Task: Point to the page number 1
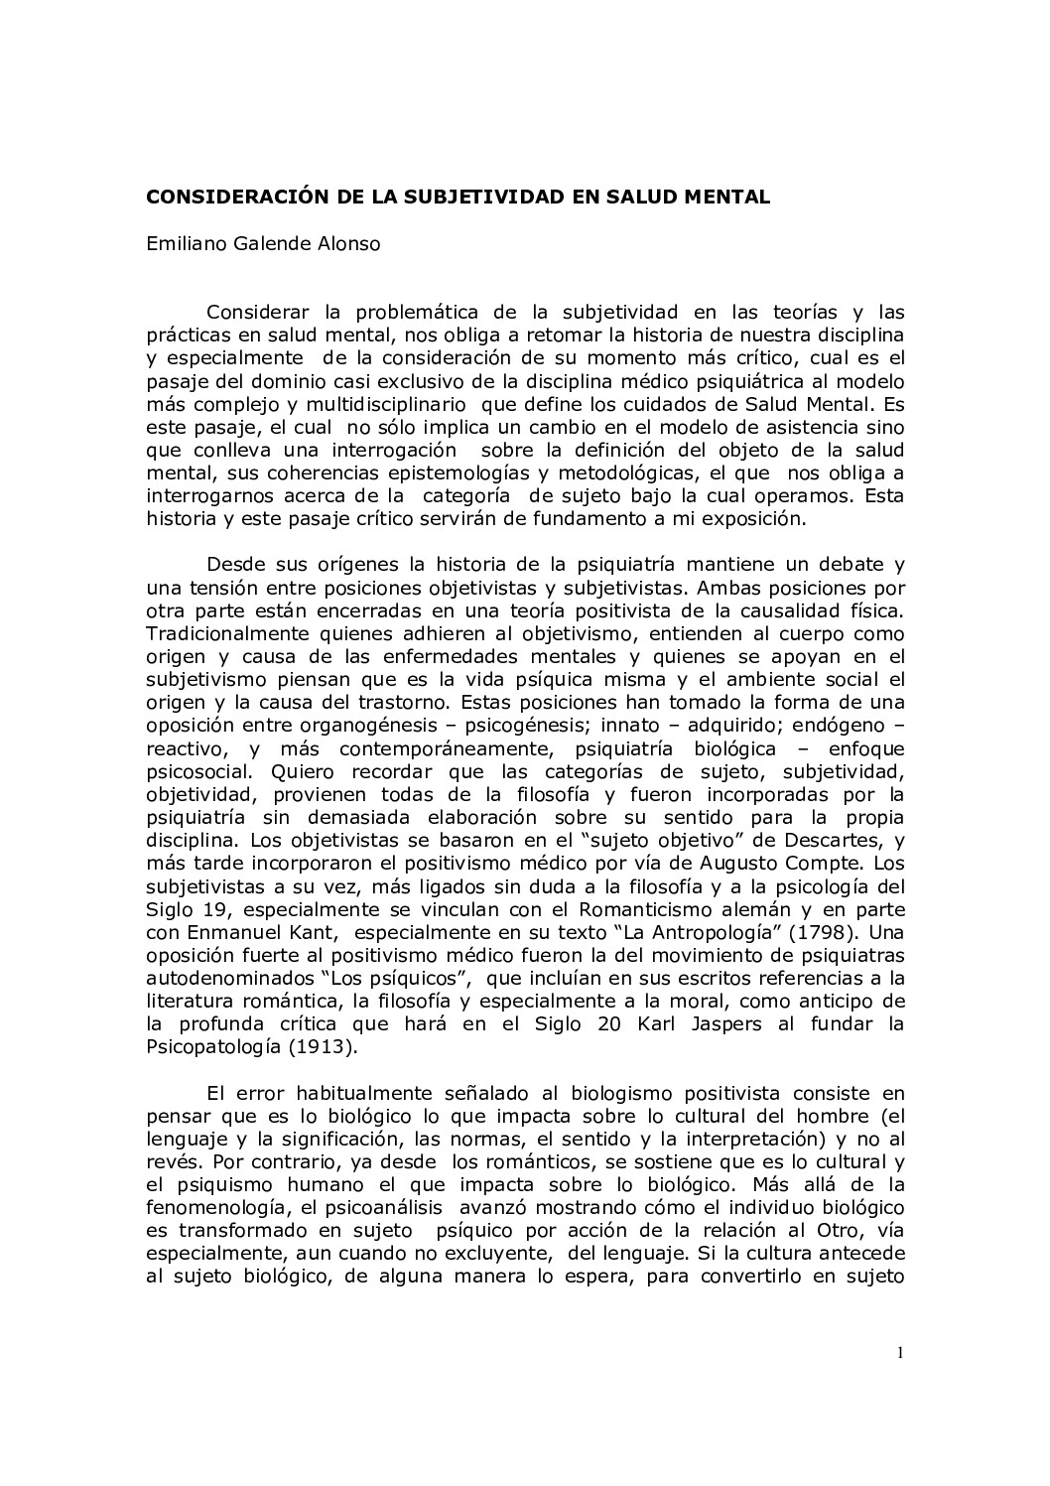[899, 1351]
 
